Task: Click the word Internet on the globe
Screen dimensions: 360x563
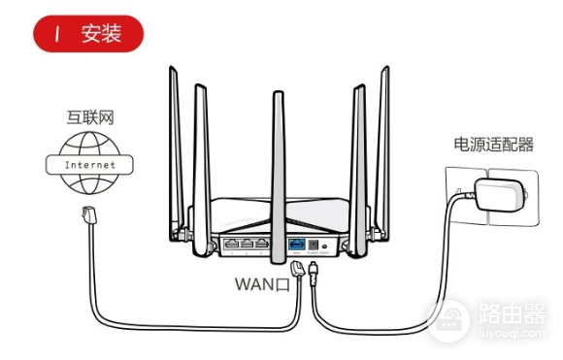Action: [89, 165]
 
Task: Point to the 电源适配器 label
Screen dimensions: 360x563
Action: [493, 145]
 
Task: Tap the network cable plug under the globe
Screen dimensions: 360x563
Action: [87, 217]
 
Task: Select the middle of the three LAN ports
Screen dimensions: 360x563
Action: [248, 244]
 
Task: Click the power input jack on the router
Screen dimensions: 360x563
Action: [319, 244]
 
